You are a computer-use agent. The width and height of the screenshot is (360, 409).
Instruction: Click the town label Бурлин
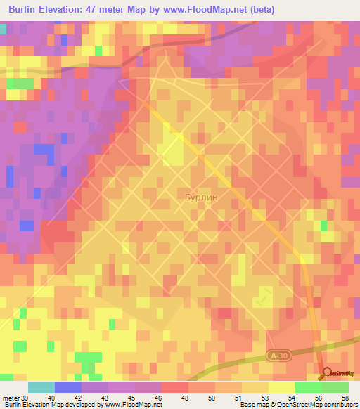coord(202,198)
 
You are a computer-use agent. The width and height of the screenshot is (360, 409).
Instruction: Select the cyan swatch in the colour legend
coord(41,387)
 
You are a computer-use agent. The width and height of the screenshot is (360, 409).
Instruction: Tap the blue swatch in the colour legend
coord(68,387)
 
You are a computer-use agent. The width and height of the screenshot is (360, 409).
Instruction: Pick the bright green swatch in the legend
coord(308,387)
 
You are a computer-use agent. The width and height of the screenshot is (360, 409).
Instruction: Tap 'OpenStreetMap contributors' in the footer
coord(319,405)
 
